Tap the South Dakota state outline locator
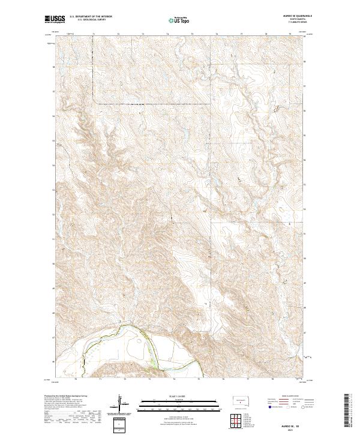click(x=240, y=400)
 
